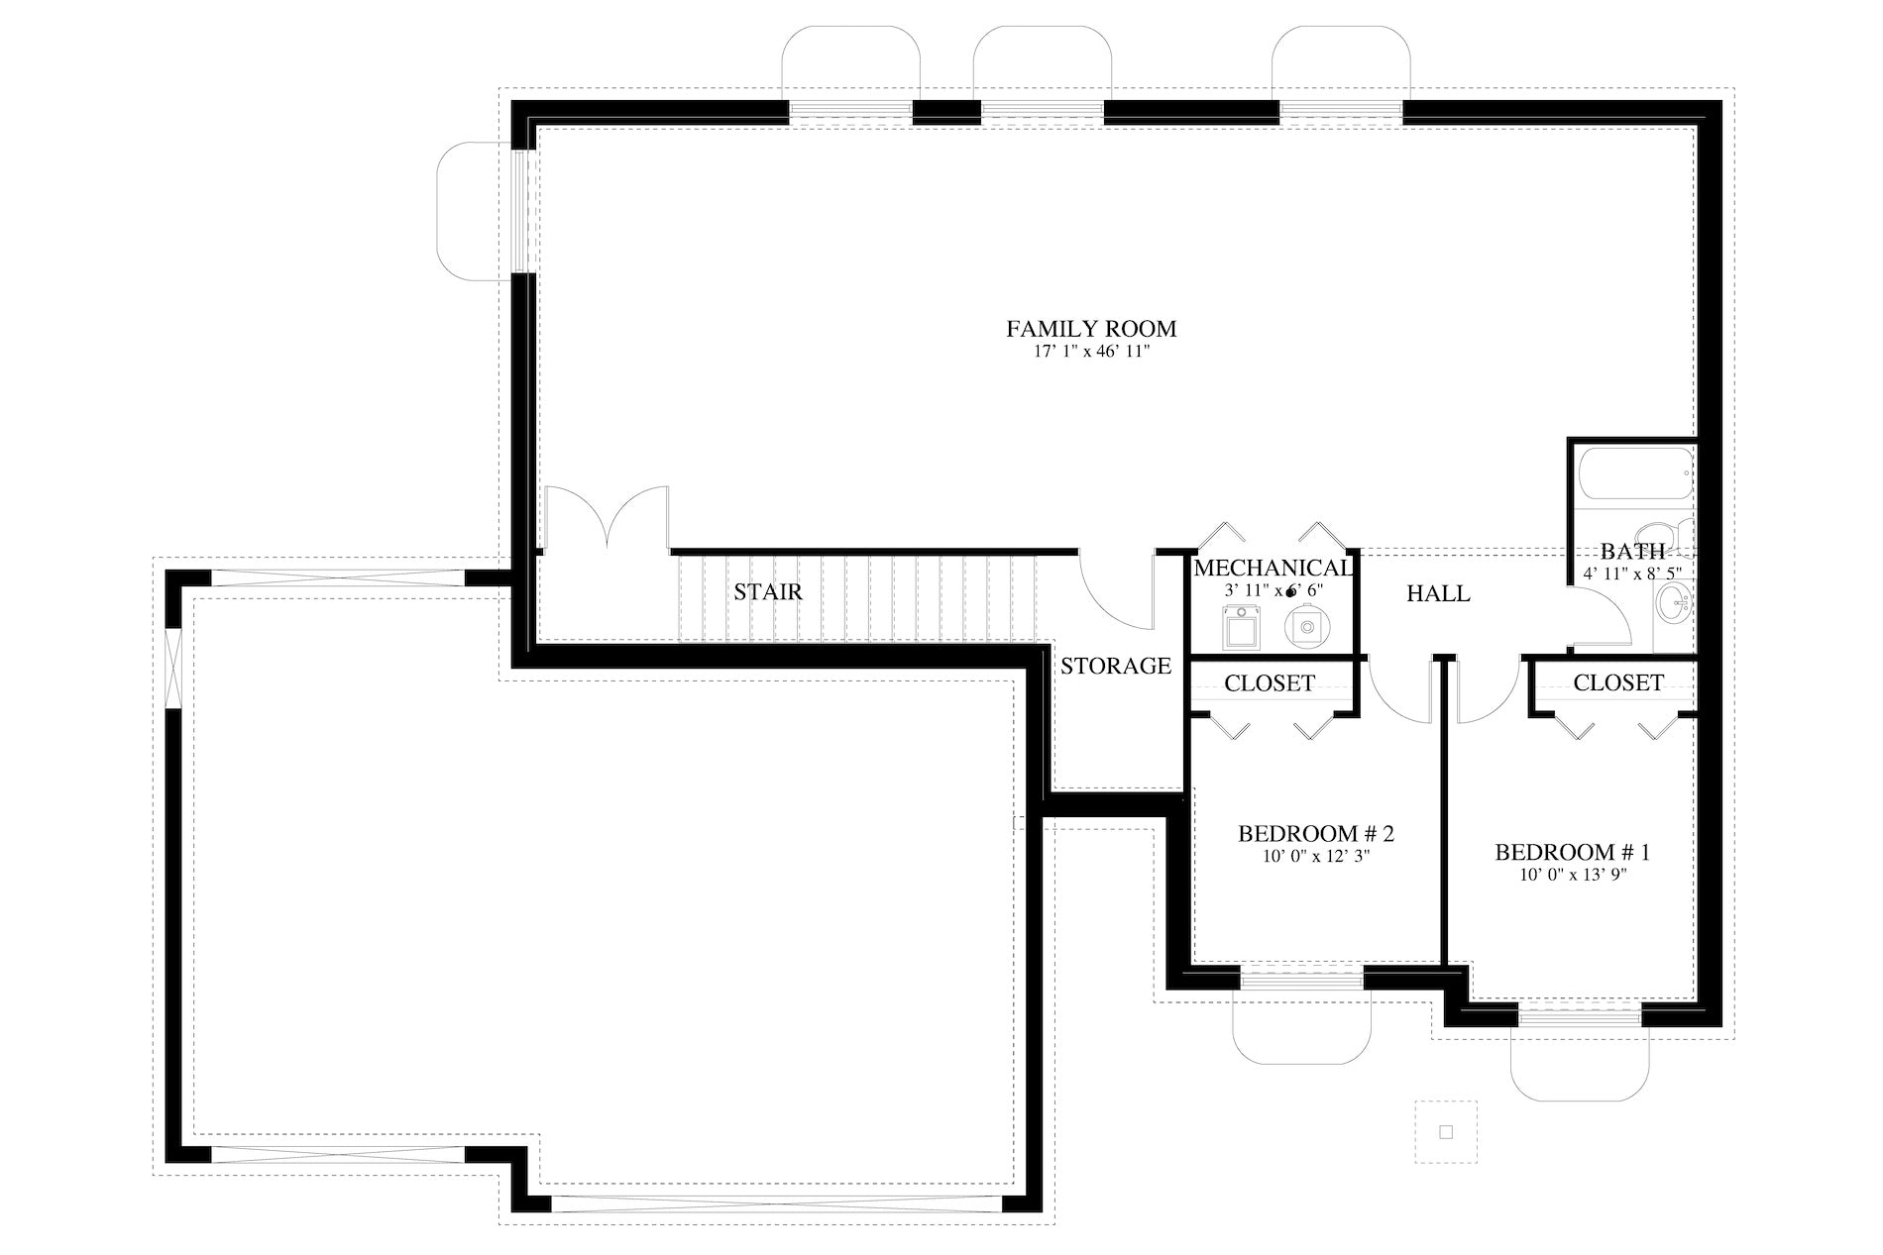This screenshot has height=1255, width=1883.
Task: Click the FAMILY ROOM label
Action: tap(1091, 328)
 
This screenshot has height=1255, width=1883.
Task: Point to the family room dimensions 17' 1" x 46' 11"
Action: tap(1091, 352)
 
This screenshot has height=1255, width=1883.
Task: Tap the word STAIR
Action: tap(768, 592)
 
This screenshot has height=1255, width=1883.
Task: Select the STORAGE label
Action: tap(1116, 666)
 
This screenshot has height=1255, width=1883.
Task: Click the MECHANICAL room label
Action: tap(1273, 569)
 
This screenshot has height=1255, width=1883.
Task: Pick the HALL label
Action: tap(1438, 593)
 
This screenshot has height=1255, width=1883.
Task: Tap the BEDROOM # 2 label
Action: tap(1316, 834)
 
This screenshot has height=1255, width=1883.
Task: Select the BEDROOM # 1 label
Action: tap(1573, 852)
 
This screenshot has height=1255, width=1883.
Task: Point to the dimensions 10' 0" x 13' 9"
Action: tap(1573, 876)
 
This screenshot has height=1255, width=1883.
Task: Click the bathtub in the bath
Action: tap(1635, 475)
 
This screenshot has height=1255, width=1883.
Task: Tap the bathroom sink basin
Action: tap(1676, 598)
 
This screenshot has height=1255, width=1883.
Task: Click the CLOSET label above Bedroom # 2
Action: tap(1270, 683)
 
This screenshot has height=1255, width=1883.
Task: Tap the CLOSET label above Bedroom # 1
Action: tap(1618, 682)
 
